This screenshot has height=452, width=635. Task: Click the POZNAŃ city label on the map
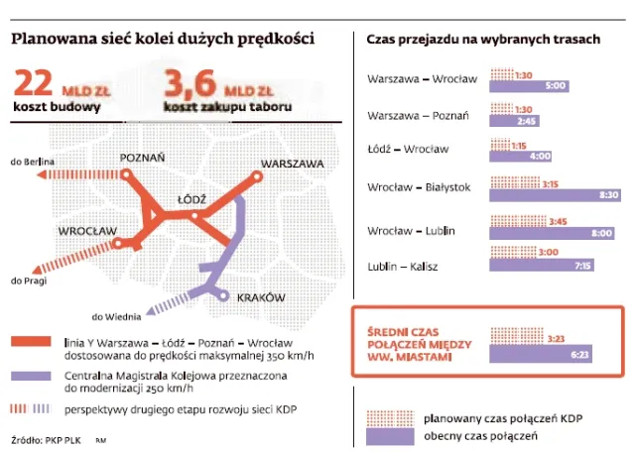pyautogui.click(x=142, y=158)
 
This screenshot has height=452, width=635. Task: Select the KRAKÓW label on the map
pyautogui.click(x=260, y=297)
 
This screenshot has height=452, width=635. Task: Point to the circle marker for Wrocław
pyautogui.click(x=117, y=242)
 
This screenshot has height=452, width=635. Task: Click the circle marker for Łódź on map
pyautogui.click(x=194, y=216)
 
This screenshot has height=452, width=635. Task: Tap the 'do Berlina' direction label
pyautogui.click(x=31, y=161)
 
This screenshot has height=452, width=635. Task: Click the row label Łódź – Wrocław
pyautogui.click(x=407, y=149)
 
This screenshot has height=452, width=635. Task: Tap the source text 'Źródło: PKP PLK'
pyautogui.click(x=48, y=437)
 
